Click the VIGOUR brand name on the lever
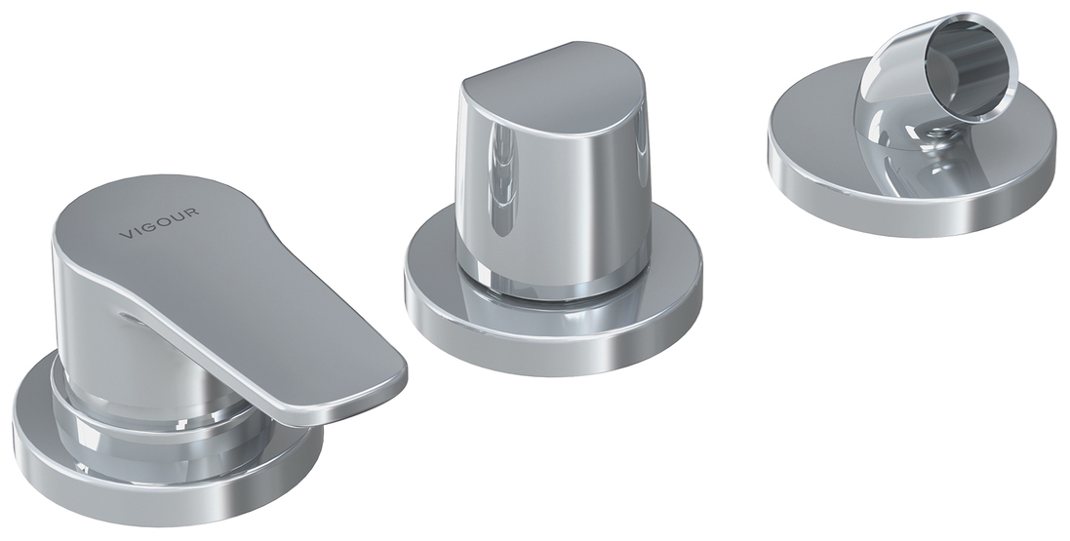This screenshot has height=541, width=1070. click(159, 223)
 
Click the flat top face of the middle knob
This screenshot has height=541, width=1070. click(553, 88)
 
